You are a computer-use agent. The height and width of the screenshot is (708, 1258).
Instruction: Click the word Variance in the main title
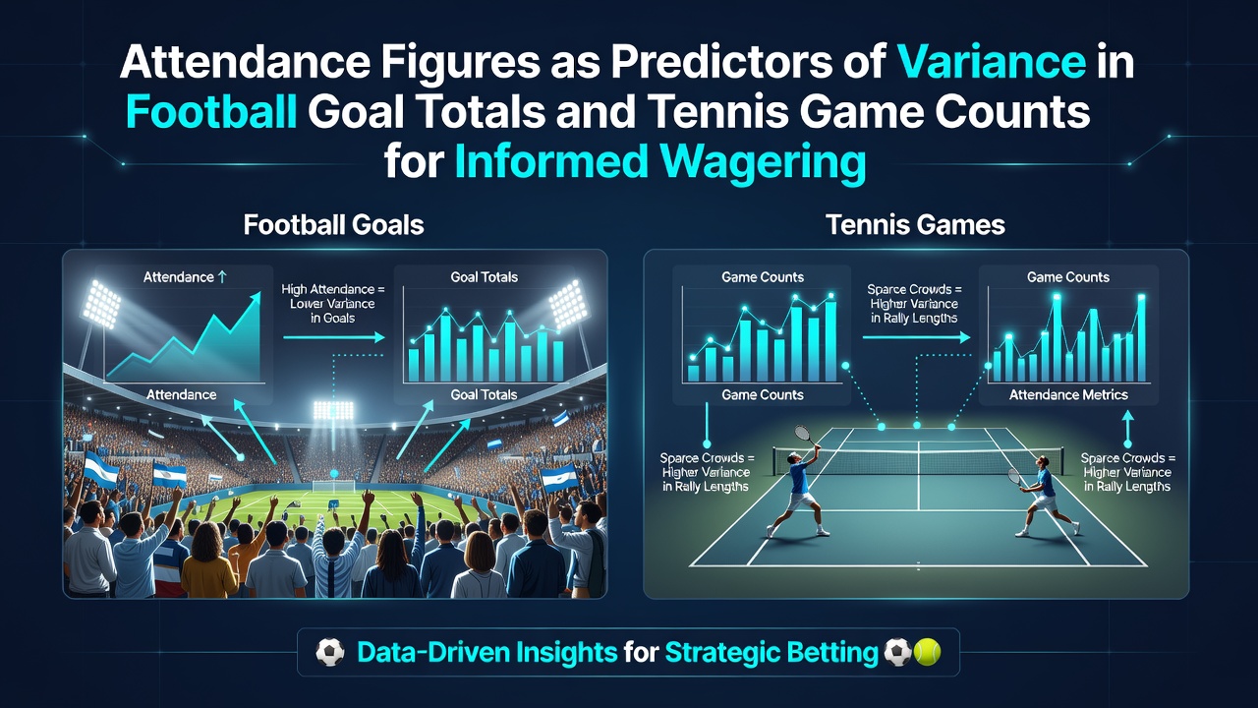pos(992,62)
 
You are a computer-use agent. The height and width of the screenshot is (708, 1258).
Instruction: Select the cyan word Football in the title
pos(211,112)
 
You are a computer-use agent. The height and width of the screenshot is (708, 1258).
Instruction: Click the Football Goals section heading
pos(333,225)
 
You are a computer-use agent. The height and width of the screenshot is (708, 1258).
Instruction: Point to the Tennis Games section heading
pos(915,225)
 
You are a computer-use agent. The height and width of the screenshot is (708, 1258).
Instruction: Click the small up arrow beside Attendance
pos(222,276)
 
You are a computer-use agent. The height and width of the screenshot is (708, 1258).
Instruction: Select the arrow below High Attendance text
pos(334,337)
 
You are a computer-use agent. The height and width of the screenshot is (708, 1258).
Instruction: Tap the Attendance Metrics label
pos(1068,394)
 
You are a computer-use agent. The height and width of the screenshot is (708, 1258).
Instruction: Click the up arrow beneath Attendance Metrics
pos(1127,429)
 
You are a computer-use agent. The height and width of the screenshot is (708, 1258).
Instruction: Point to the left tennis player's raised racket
pos(804,435)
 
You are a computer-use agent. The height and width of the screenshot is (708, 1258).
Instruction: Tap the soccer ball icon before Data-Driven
pos(329,652)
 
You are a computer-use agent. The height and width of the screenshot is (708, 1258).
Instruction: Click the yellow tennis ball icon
pos(927,652)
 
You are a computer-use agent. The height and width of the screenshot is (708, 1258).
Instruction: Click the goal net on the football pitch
pos(335,486)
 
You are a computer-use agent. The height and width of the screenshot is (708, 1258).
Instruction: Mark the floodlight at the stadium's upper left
pos(101,303)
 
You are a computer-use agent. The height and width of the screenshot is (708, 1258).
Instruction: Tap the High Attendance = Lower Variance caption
pos(333,304)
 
